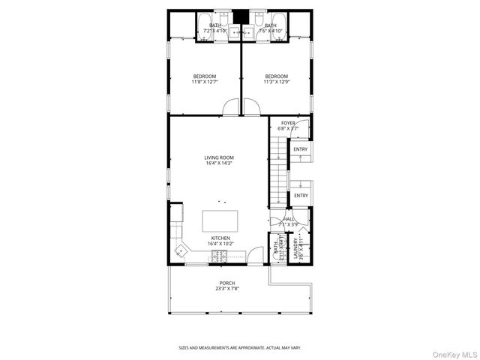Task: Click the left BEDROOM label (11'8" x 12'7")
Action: tap(204, 79)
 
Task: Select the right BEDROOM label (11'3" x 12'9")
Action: tap(276, 79)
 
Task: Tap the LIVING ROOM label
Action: tap(219, 160)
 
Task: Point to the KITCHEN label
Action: tap(220, 241)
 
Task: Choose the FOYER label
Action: tap(288, 125)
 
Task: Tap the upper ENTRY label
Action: tap(300, 149)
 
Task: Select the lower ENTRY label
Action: tap(300, 196)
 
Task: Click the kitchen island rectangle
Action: tap(220, 220)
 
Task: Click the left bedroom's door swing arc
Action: tap(232, 109)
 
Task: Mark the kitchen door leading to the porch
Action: tap(256, 256)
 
